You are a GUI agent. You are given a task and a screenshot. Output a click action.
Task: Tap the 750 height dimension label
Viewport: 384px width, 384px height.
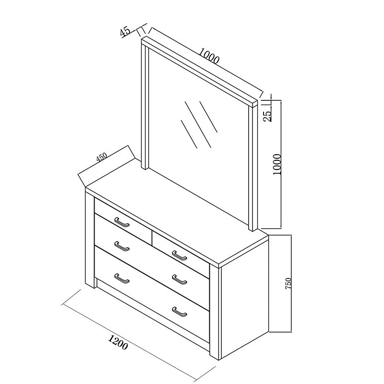[x=288, y=283]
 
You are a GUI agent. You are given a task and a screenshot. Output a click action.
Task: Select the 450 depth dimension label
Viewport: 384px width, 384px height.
[x=101, y=157]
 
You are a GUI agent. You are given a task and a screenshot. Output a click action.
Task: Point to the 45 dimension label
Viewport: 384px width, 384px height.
[x=125, y=32]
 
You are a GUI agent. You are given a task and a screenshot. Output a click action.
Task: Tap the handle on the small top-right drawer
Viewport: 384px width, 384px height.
[x=179, y=256]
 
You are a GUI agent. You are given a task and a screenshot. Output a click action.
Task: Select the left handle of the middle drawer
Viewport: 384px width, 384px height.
[x=122, y=247]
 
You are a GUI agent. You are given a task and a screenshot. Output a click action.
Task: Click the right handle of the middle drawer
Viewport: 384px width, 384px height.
[x=179, y=279]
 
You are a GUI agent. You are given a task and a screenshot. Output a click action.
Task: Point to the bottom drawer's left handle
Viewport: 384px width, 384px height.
[x=122, y=278]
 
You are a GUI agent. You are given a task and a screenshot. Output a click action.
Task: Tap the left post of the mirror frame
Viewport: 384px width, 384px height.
[x=144, y=106]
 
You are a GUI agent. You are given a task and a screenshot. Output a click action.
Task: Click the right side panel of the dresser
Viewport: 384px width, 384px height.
[x=245, y=302]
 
